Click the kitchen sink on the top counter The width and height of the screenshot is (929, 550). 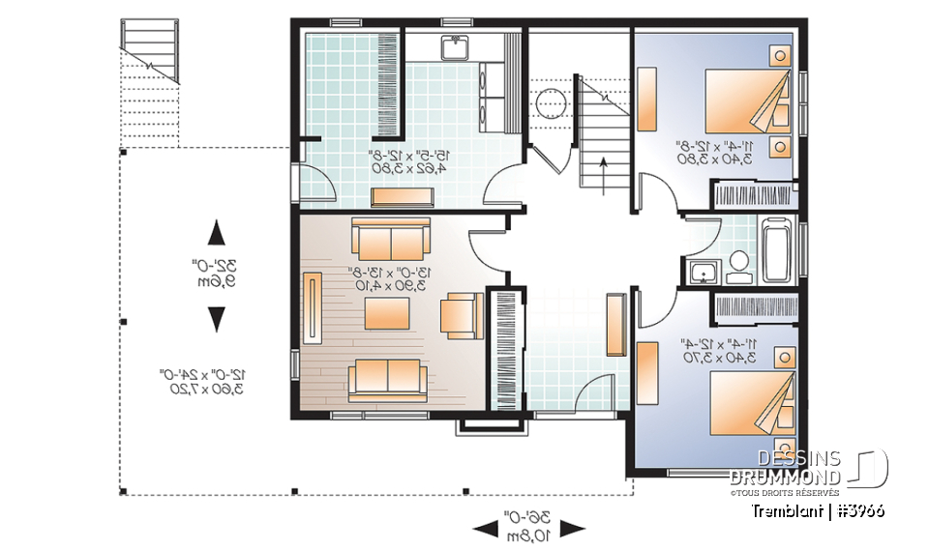(x=453, y=47)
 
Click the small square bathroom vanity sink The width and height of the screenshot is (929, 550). (x=700, y=271)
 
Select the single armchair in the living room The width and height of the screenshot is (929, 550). (x=461, y=314)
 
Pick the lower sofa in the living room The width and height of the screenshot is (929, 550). (x=387, y=377)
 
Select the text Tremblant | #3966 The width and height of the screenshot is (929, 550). (x=817, y=510)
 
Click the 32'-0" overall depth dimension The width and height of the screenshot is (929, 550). (x=217, y=274)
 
